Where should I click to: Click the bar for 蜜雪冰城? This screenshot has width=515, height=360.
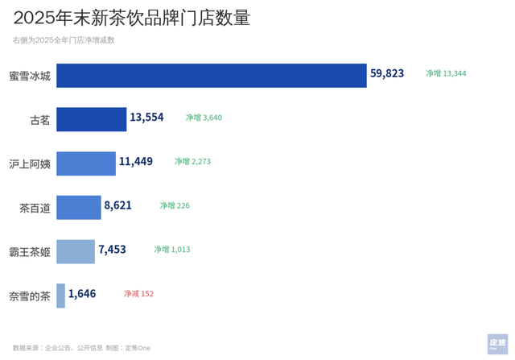pos(212,75)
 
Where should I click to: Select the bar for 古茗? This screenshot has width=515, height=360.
pos(92,119)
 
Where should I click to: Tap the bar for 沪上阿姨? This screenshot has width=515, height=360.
pos(86,163)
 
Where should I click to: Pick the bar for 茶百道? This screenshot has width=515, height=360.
pos(79,208)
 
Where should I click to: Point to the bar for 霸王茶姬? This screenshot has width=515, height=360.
pos(76,251)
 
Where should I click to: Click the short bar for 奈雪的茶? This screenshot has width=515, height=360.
pos(61,296)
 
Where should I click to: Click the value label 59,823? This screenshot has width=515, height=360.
pos(387,73)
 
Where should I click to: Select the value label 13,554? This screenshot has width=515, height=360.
pos(146,118)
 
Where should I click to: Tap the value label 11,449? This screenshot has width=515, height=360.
pos(135,162)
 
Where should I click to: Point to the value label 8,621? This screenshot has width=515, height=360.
pos(117,206)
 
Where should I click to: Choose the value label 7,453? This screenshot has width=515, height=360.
pos(112,250)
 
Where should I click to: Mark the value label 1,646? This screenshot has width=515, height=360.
pos(82,294)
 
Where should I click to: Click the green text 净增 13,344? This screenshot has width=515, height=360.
pos(446,73)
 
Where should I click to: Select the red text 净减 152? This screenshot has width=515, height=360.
pos(138,294)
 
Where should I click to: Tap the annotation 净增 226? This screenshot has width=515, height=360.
pos(175,206)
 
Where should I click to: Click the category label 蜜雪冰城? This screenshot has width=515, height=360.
pos(30,76)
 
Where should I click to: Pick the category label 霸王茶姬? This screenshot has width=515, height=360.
pos(30,252)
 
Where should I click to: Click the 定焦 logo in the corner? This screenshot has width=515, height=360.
pos(497,344)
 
